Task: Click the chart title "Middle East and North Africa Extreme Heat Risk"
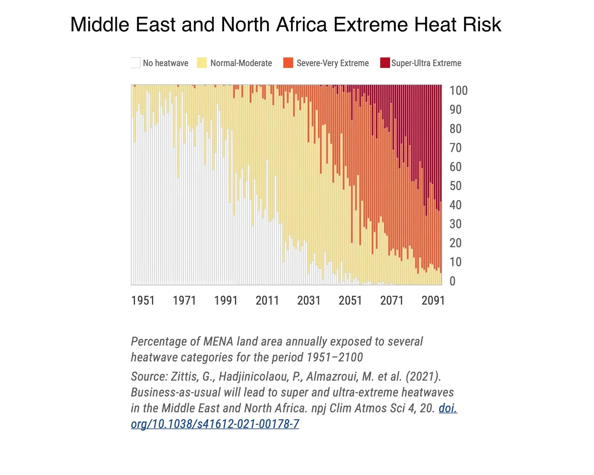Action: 286,24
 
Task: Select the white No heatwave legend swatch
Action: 135,63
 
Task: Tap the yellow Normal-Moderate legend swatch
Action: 202,63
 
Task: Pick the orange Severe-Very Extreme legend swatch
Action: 288,63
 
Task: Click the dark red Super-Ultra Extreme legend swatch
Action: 385,63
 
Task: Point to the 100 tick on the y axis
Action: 459,91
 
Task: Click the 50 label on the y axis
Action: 455,186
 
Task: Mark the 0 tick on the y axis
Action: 452,281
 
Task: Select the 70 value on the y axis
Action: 455,148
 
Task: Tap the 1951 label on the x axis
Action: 143,300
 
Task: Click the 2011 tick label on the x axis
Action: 267,300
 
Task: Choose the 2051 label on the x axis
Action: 350,300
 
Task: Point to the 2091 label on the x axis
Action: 433,300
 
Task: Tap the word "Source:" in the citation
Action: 149,376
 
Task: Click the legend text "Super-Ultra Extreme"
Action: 426,63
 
